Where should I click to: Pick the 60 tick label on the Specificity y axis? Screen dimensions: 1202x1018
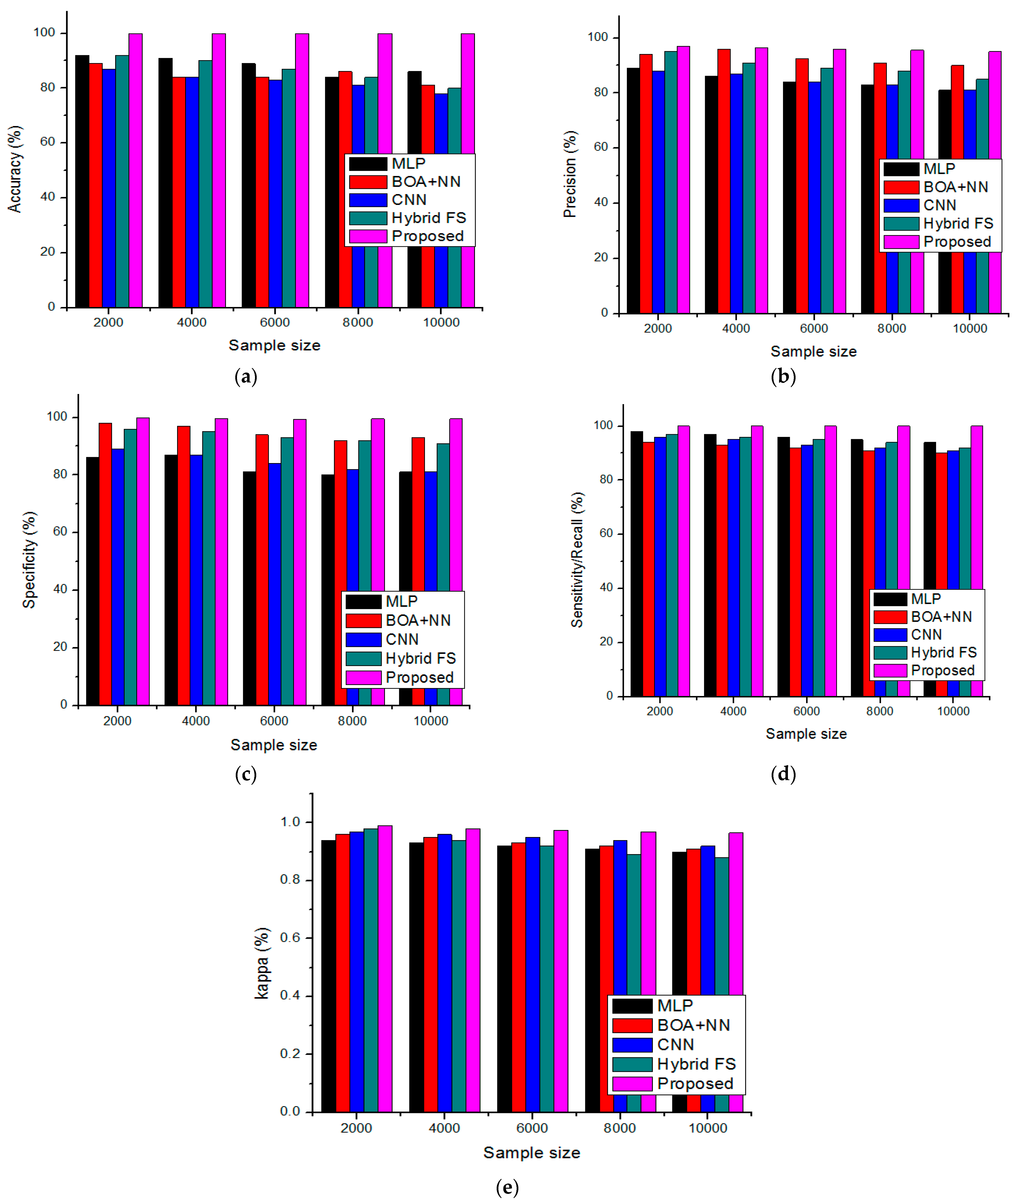click(60, 531)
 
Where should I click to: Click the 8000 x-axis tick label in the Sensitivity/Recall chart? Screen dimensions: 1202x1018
click(879, 711)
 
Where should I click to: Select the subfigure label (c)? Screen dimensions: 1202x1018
click(246, 774)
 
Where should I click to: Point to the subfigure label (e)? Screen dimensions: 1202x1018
click(507, 1187)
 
